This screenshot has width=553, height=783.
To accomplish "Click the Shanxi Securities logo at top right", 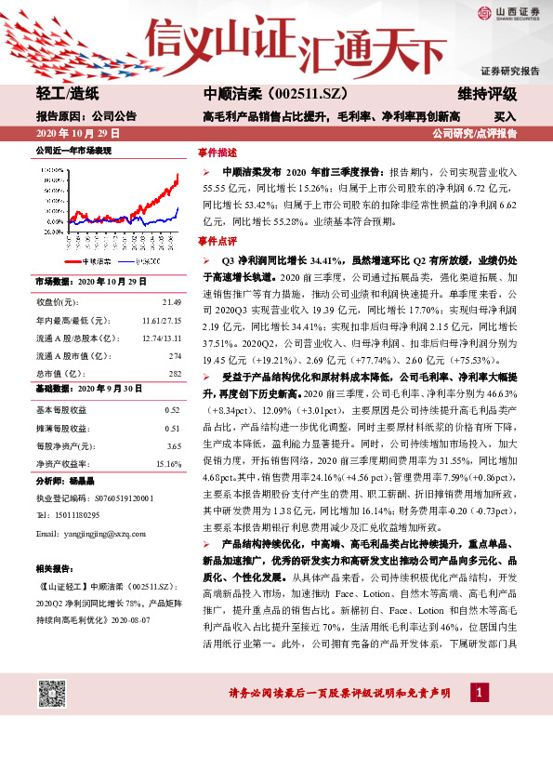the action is coord(507,12).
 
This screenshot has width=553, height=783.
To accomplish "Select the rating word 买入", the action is coord(505,117).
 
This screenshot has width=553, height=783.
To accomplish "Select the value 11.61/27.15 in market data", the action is coord(161,321).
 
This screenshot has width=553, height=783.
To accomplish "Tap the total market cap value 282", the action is coord(174,373).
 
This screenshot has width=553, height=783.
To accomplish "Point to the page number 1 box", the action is coord(477,693).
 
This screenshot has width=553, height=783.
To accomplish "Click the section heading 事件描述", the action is coord(217,153).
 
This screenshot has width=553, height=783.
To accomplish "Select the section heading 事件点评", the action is coord(217,240).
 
